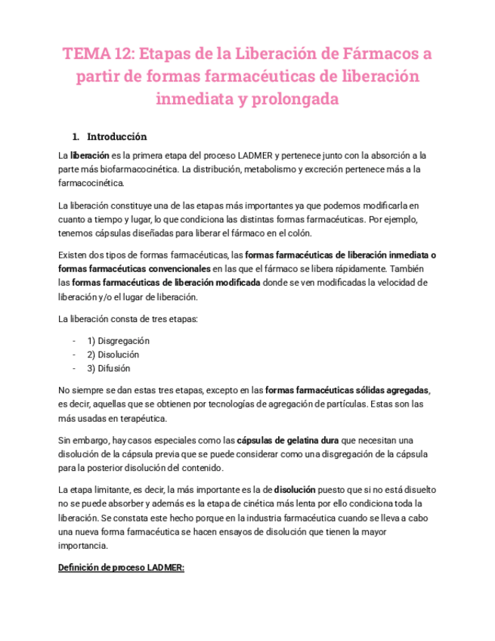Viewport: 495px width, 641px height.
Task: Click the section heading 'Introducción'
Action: (x=117, y=137)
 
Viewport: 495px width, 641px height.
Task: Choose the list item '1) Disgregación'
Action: (x=118, y=341)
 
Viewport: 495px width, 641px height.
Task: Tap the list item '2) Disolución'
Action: (x=113, y=355)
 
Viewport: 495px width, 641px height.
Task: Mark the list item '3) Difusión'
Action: (x=109, y=368)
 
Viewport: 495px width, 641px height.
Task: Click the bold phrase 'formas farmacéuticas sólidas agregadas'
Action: (x=348, y=390)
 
